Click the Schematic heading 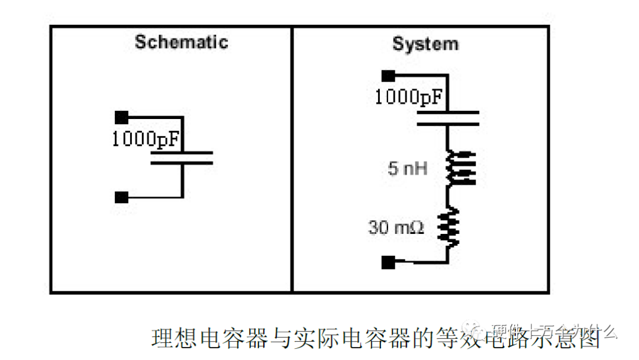[x=181, y=43]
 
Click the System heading [x=425, y=44]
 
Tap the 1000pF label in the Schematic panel [x=146, y=140]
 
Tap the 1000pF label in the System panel [x=409, y=97]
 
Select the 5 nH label [x=408, y=169]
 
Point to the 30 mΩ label [x=396, y=227]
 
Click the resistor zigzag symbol [x=448, y=227]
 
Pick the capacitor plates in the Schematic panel [x=182, y=157]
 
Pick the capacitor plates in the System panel [x=448, y=118]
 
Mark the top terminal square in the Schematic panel [x=121, y=117]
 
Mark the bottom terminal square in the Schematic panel [x=121, y=197]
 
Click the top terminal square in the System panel [x=388, y=75]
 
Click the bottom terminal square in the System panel [x=388, y=262]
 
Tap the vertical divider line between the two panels [x=292, y=178]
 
